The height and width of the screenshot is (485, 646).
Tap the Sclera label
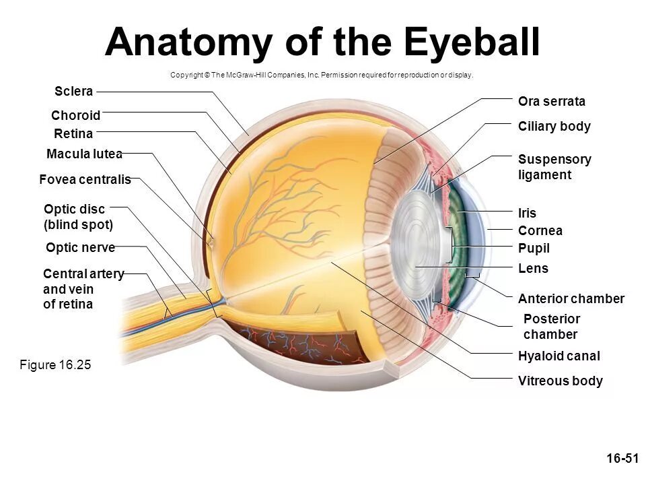pyautogui.click(x=74, y=91)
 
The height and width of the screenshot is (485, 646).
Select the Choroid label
pyautogui.click(x=75, y=115)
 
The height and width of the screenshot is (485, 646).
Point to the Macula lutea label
pyautogui.click(x=84, y=154)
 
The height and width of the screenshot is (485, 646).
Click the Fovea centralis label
pyautogui.click(x=85, y=180)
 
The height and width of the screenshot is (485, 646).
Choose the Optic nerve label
pyautogui.click(x=80, y=248)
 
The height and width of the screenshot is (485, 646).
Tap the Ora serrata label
pyautogui.click(x=551, y=102)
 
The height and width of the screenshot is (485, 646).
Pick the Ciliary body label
pyautogui.click(x=554, y=127)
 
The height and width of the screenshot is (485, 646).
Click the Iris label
pyautogui.click(x=527, y=214)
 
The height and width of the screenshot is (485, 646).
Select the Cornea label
pyautogui.click(x=540, y=231)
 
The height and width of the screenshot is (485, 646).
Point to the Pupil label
pyautogui.click(x=534, y=249)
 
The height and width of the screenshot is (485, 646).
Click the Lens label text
pyautogui.click(x=533, y=269)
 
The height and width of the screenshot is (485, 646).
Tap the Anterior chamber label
pyautogui.click(x=571, y=298)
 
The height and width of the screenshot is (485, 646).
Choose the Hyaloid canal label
pyautogui.click(x=559, y=356)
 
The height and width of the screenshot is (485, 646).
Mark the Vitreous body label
pyautogui.click(x=560, y=381)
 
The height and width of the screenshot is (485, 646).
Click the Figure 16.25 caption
pyautogui.click(x=55, y=365)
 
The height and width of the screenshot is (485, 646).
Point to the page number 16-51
pyautogui.click(x=621, y=459)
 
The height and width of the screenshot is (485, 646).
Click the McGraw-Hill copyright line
pyautogui.click(x=322, y=75)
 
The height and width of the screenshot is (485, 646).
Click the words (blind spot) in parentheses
pyautogui.click(x=78, y=224)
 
